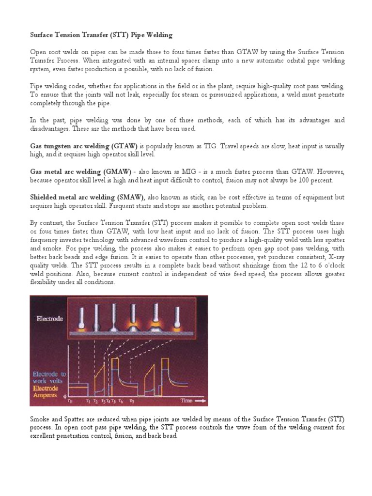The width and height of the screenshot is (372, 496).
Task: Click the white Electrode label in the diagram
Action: click(x=51, y=320)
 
